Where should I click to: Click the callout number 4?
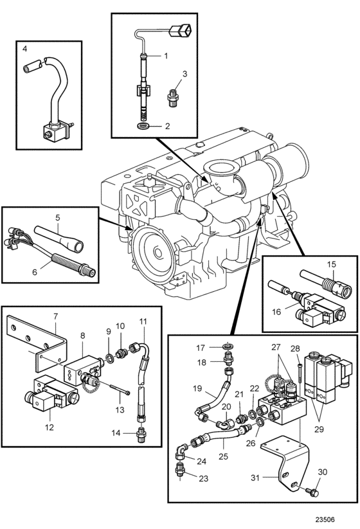pos(24,49)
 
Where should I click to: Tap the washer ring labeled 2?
pos(145,126)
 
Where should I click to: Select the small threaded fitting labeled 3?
pos(173,97)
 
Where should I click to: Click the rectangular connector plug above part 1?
pos(180,31)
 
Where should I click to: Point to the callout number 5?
pos(58,218)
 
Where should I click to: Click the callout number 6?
pos(35,272)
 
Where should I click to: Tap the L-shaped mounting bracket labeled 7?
pos(37,341)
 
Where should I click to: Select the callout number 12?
pos(50,427)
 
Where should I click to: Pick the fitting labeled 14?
pos(139,433)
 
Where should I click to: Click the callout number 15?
pos(332,264)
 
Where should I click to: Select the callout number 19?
pos(197,388)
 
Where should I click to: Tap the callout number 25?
pos(223,456)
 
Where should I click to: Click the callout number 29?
pos(319,429)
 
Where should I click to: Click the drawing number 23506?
pos(325,519)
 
